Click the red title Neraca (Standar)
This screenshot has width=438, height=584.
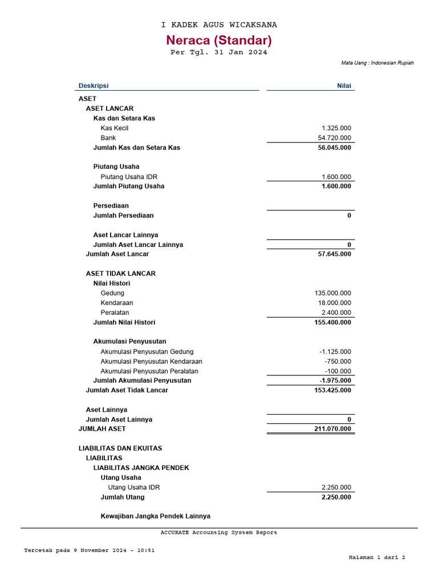219,40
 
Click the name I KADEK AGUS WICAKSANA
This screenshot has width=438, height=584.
219,25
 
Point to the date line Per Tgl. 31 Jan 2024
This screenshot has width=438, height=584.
219,52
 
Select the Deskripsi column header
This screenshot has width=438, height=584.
94,86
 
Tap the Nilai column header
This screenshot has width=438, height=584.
344,86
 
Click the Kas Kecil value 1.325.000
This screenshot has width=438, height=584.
336,128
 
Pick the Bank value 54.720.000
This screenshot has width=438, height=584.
335,138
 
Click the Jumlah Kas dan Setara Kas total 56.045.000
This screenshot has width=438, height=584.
335,148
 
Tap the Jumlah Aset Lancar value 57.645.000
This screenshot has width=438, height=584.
335,254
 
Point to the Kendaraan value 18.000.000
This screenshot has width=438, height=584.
335,303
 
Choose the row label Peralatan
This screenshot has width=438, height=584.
115,313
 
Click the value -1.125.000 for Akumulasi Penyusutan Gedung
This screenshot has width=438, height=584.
335,352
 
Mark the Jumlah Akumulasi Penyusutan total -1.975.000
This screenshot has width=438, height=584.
335,381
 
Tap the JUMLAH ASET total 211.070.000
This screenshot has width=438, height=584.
333,429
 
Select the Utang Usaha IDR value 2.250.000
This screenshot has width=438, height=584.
336,488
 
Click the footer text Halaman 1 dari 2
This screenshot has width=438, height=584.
376,558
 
